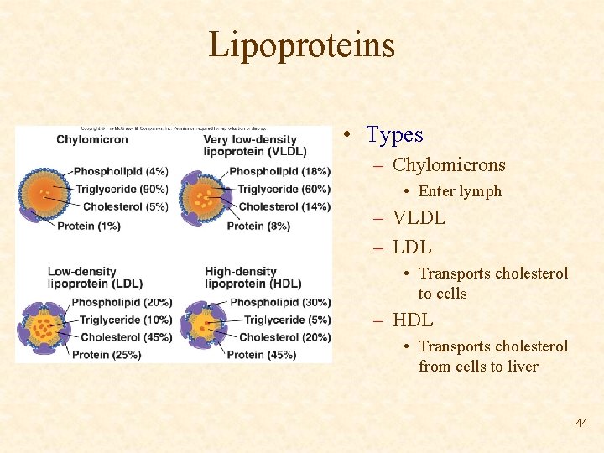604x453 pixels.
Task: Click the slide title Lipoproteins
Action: pos(301,44)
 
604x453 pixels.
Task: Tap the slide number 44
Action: pos(581,424)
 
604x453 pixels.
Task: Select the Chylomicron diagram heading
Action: pos(92,139)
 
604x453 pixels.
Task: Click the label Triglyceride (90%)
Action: pos(122,190)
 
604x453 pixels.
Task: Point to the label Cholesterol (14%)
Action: pos(284,206)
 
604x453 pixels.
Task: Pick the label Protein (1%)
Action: pos(89,226)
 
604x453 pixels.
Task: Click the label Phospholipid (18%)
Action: pos(279,171)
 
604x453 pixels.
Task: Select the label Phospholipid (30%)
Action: pos(279,302)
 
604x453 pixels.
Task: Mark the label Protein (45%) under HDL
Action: pos(261,355)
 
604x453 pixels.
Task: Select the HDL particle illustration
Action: pos(201,324)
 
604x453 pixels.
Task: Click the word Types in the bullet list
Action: pos(394,134)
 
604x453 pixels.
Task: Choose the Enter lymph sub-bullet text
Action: pos(460,191)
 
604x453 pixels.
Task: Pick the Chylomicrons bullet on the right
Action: pos(449,165)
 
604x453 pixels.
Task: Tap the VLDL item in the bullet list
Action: pos(419,219)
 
